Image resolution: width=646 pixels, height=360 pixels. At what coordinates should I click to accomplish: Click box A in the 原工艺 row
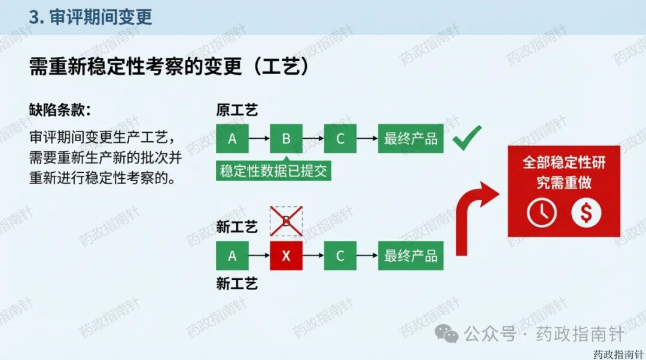point(232,139)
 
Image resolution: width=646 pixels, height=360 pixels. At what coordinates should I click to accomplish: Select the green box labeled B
point(286,139)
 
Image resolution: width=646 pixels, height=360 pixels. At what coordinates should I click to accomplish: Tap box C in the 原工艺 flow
point(340,139)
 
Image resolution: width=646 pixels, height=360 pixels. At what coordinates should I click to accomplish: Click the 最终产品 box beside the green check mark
point(410,139)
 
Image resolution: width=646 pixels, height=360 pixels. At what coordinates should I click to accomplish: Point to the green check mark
point(467,139)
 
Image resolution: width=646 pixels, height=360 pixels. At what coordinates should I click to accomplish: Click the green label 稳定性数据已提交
point(273,171)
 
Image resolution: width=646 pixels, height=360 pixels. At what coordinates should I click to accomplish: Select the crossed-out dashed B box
point(286,221)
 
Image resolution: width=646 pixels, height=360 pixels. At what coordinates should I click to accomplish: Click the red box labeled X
point(286,256)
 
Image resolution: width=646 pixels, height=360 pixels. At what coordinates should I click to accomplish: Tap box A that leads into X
point(232,256)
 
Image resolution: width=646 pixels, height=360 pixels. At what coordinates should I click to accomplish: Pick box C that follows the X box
point(340,256)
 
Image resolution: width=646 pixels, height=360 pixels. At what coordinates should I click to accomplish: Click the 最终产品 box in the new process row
point(410,256)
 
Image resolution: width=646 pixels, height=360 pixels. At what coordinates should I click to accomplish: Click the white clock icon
point(541,213)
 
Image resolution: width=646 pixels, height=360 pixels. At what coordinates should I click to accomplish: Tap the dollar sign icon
point(586,213)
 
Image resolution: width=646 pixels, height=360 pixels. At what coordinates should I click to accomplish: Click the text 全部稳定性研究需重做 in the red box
point(564,172)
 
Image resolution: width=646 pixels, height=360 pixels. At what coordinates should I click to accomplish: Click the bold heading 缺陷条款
point(60,110)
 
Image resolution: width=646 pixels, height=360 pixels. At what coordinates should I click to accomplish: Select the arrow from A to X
point(258,256)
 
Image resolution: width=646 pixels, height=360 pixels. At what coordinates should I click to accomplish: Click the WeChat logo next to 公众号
point(447,334)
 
